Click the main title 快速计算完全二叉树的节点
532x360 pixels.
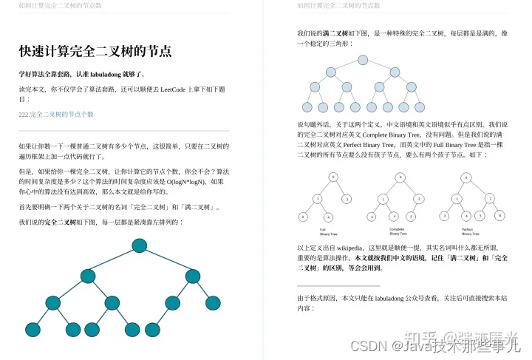[95, 52]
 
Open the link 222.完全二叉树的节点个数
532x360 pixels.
[56, 115]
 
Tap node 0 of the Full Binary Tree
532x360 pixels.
[334, 177]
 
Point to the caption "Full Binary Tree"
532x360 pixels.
[323, 232]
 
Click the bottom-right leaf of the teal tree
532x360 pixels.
[214, 302]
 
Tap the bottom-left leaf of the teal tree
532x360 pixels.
[32, 329]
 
